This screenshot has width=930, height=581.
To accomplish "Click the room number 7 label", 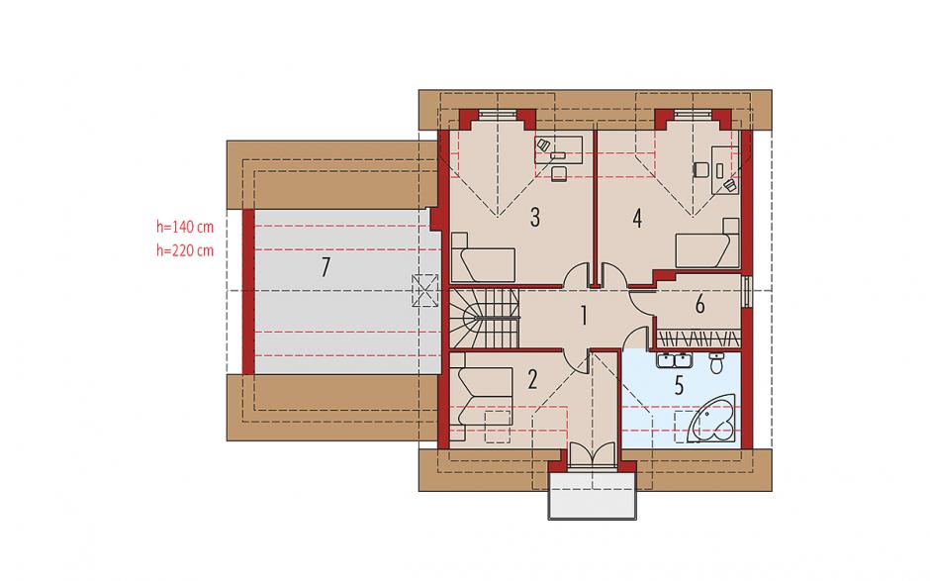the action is click(x=325, y=267).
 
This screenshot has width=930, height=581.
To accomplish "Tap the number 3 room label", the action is click(x=535, y=217).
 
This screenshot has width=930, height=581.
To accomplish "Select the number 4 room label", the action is click(x=637, y=219).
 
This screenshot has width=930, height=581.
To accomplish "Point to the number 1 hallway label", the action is click(x=584, y=316).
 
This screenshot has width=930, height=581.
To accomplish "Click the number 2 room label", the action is click(x=532, y=379).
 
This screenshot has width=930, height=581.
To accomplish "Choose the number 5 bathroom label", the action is click(x=679, y=385).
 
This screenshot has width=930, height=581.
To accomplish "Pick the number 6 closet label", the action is click(x=699, y=305).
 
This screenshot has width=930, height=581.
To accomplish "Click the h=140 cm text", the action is click(x=185, y=227).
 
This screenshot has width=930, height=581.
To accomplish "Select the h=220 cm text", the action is click(x=185, y=250).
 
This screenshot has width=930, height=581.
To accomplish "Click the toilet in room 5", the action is click(x=717, y=362).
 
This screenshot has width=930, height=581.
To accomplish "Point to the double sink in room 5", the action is click(x=676, y=359).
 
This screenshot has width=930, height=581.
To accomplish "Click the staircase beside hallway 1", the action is click(x=484, y=318).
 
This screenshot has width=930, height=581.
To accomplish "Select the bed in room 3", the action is click(x=483, y=257).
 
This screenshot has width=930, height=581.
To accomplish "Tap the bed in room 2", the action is click(x=481, y=396).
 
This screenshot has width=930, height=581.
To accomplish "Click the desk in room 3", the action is click(x=559, y=148).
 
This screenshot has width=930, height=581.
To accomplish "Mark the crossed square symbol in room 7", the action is click(x=425, y=290).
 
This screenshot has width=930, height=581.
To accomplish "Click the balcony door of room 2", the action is click(x=592, y=455).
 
